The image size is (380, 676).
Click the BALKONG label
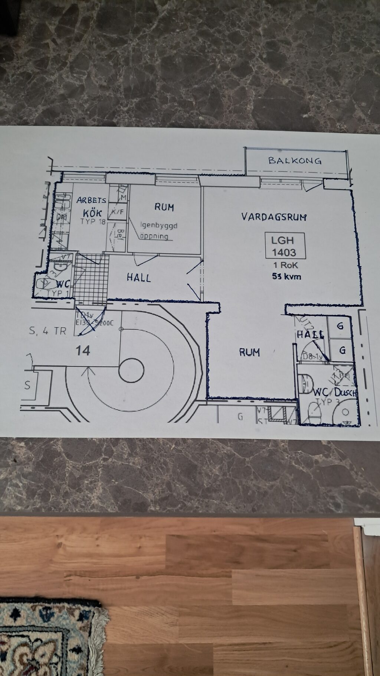click(x=295, y=160)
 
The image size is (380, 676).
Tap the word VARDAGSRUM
click(x=274, y=217)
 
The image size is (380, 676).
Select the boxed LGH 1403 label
click(x=285, y=246)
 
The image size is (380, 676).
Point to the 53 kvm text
click(x=286, y=276)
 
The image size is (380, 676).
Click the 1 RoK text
click(x=285, y=265)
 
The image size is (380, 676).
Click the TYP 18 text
click(x=93, y=222)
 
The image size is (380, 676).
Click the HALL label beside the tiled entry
click(x=139, y=278)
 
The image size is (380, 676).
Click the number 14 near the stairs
click(x=83, y=350)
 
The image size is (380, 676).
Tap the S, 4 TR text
click(x=47, y=331)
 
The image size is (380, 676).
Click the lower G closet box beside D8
click(x=342, y=350)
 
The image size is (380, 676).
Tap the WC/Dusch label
click(x=335, y=392)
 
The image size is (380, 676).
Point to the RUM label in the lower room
click(x=249, y=352)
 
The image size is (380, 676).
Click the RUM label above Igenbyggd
click(x=164, y=207)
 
